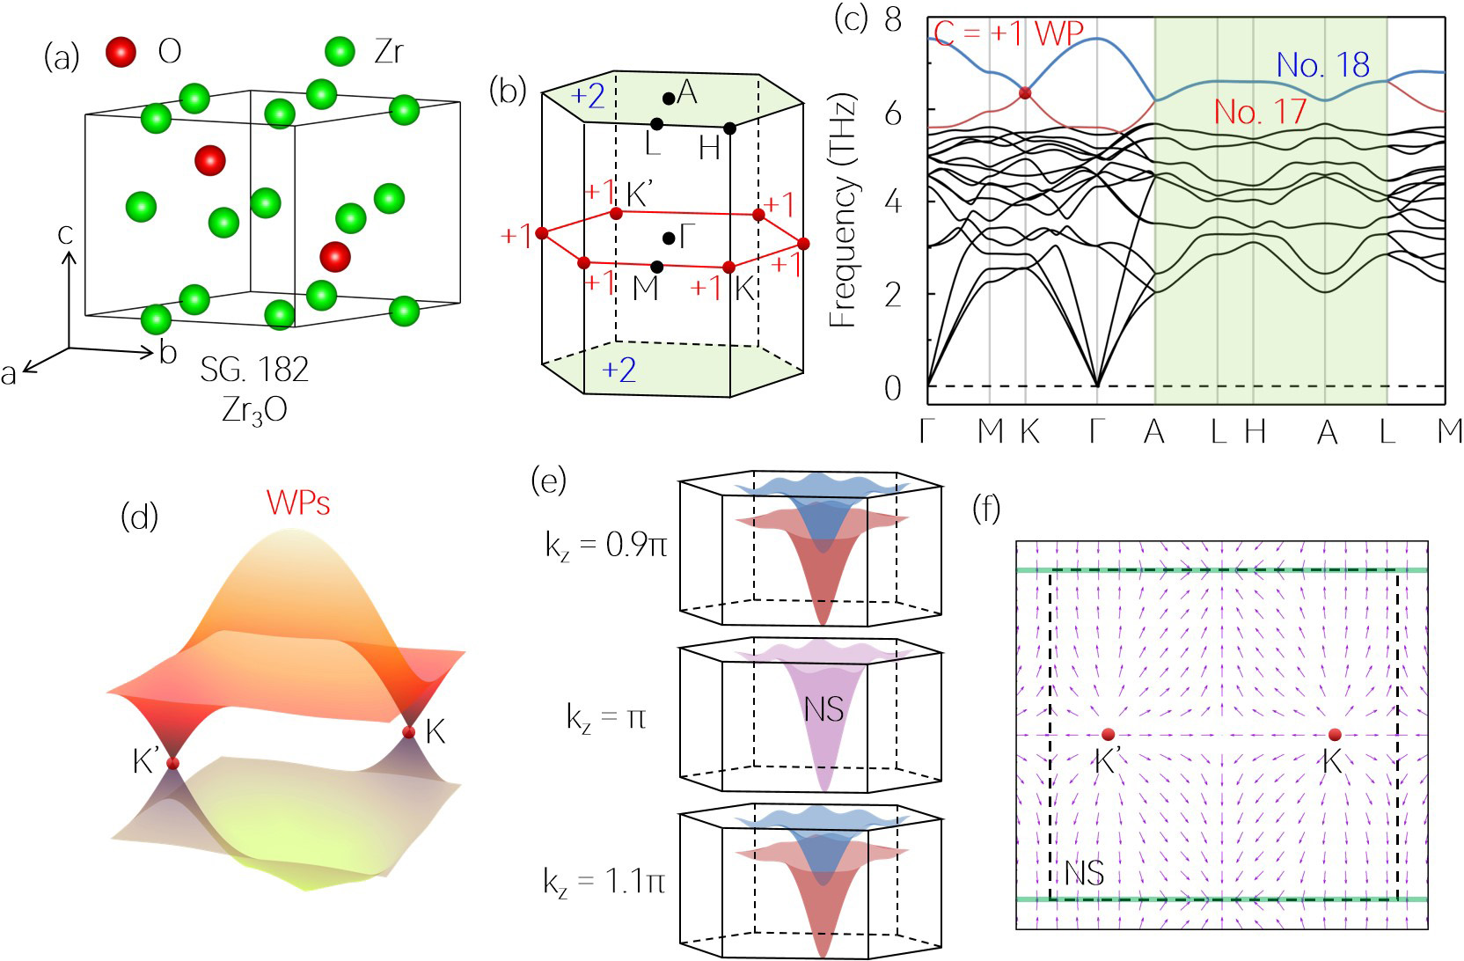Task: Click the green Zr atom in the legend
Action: click(340, 51)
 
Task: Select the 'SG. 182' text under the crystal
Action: click(254, 370)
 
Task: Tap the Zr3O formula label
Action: click(254, 410)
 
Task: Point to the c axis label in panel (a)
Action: click(66, 234)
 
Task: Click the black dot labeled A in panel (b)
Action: click(669, 97)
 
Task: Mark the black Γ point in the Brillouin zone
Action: click(669, 238)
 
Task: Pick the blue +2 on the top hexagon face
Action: click(589, 96)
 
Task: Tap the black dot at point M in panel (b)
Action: click(656, 266)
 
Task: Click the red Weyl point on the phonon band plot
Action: click(1024, 93)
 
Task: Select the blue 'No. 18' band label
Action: click(1322, 65)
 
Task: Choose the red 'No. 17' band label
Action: click(1260, 112)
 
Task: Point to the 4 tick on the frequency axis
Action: click(893, 202)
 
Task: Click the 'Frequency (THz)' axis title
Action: click(843, 210)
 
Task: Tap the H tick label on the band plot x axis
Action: click(1255, 431)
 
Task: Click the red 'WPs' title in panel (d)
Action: click(298, 503)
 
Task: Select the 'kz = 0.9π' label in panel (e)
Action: click(606, 547)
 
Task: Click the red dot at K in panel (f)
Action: click(1334, 735)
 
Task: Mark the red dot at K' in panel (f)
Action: click(1108, 734)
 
